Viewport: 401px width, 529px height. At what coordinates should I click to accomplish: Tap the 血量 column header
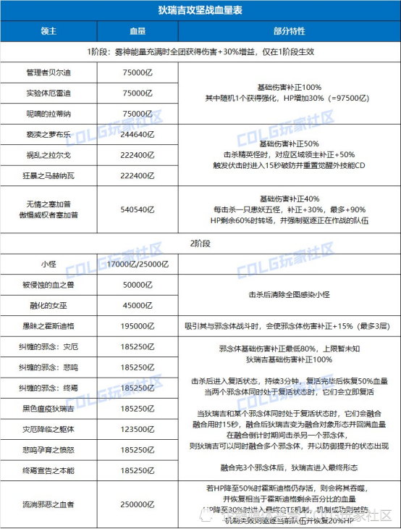[137, 33]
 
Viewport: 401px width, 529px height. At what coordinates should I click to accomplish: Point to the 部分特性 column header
[289, 33]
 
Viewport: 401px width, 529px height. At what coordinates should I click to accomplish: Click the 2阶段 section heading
[200, 245]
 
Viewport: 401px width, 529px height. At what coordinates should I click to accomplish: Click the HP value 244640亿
[137, 136]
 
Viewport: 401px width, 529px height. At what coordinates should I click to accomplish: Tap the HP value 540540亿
[137, 208]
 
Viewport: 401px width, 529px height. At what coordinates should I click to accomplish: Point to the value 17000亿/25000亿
[137, 264]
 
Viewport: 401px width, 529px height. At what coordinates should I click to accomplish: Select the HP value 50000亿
[137, 285]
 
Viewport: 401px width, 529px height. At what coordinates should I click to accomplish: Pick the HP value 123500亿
[137, 429]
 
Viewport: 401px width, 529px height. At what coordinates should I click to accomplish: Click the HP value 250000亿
[137, 503]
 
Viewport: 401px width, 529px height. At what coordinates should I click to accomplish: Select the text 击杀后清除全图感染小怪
[289, 295]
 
